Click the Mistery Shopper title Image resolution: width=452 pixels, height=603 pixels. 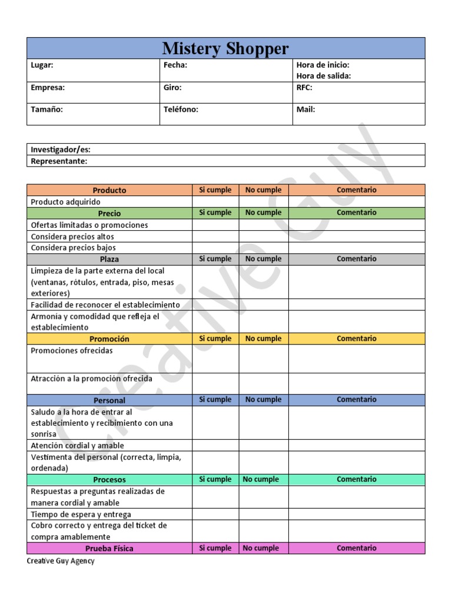[225, 48]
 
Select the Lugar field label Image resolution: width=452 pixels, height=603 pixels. [42, 65]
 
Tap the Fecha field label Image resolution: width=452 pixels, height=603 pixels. [175, 65]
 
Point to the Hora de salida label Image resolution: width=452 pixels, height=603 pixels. [324, 76]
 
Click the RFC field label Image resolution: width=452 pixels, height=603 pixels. [304, 87]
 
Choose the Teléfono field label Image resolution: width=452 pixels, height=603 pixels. [181, 110]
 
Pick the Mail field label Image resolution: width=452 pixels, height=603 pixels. [305, 110]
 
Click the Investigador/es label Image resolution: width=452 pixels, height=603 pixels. [61, 150]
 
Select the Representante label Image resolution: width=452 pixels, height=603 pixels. [59, 161]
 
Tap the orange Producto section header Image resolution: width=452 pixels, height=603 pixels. [109, 190]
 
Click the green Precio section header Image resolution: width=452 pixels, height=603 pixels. [109, 213]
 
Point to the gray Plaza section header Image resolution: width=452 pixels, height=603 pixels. [109, 259]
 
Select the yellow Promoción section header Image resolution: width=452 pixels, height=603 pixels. [109, 339]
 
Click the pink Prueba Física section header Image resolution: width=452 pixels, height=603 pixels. [109, 548]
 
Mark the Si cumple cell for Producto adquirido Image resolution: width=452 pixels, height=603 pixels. [215, 202]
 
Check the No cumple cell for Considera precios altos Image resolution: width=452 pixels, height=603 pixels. [263, 236]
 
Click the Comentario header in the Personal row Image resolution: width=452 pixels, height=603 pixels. [356, 400]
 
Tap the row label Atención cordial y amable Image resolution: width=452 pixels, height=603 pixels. [77, 446]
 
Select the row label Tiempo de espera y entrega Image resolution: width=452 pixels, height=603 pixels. [81, 514]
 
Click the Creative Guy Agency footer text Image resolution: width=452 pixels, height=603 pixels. [61, 561]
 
